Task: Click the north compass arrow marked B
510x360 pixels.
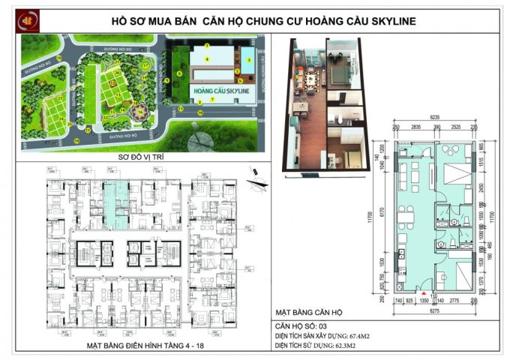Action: point(255,172)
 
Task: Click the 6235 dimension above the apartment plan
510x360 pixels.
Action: point(435,118)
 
